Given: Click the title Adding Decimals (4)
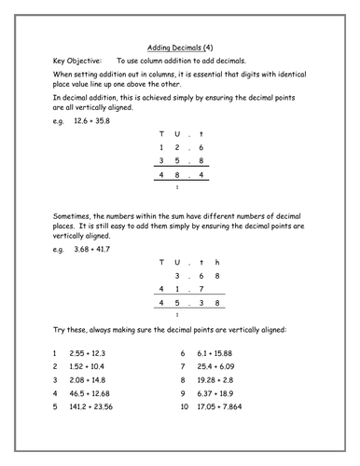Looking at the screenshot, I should (180, 45).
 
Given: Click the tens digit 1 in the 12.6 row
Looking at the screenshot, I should (163, 147).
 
